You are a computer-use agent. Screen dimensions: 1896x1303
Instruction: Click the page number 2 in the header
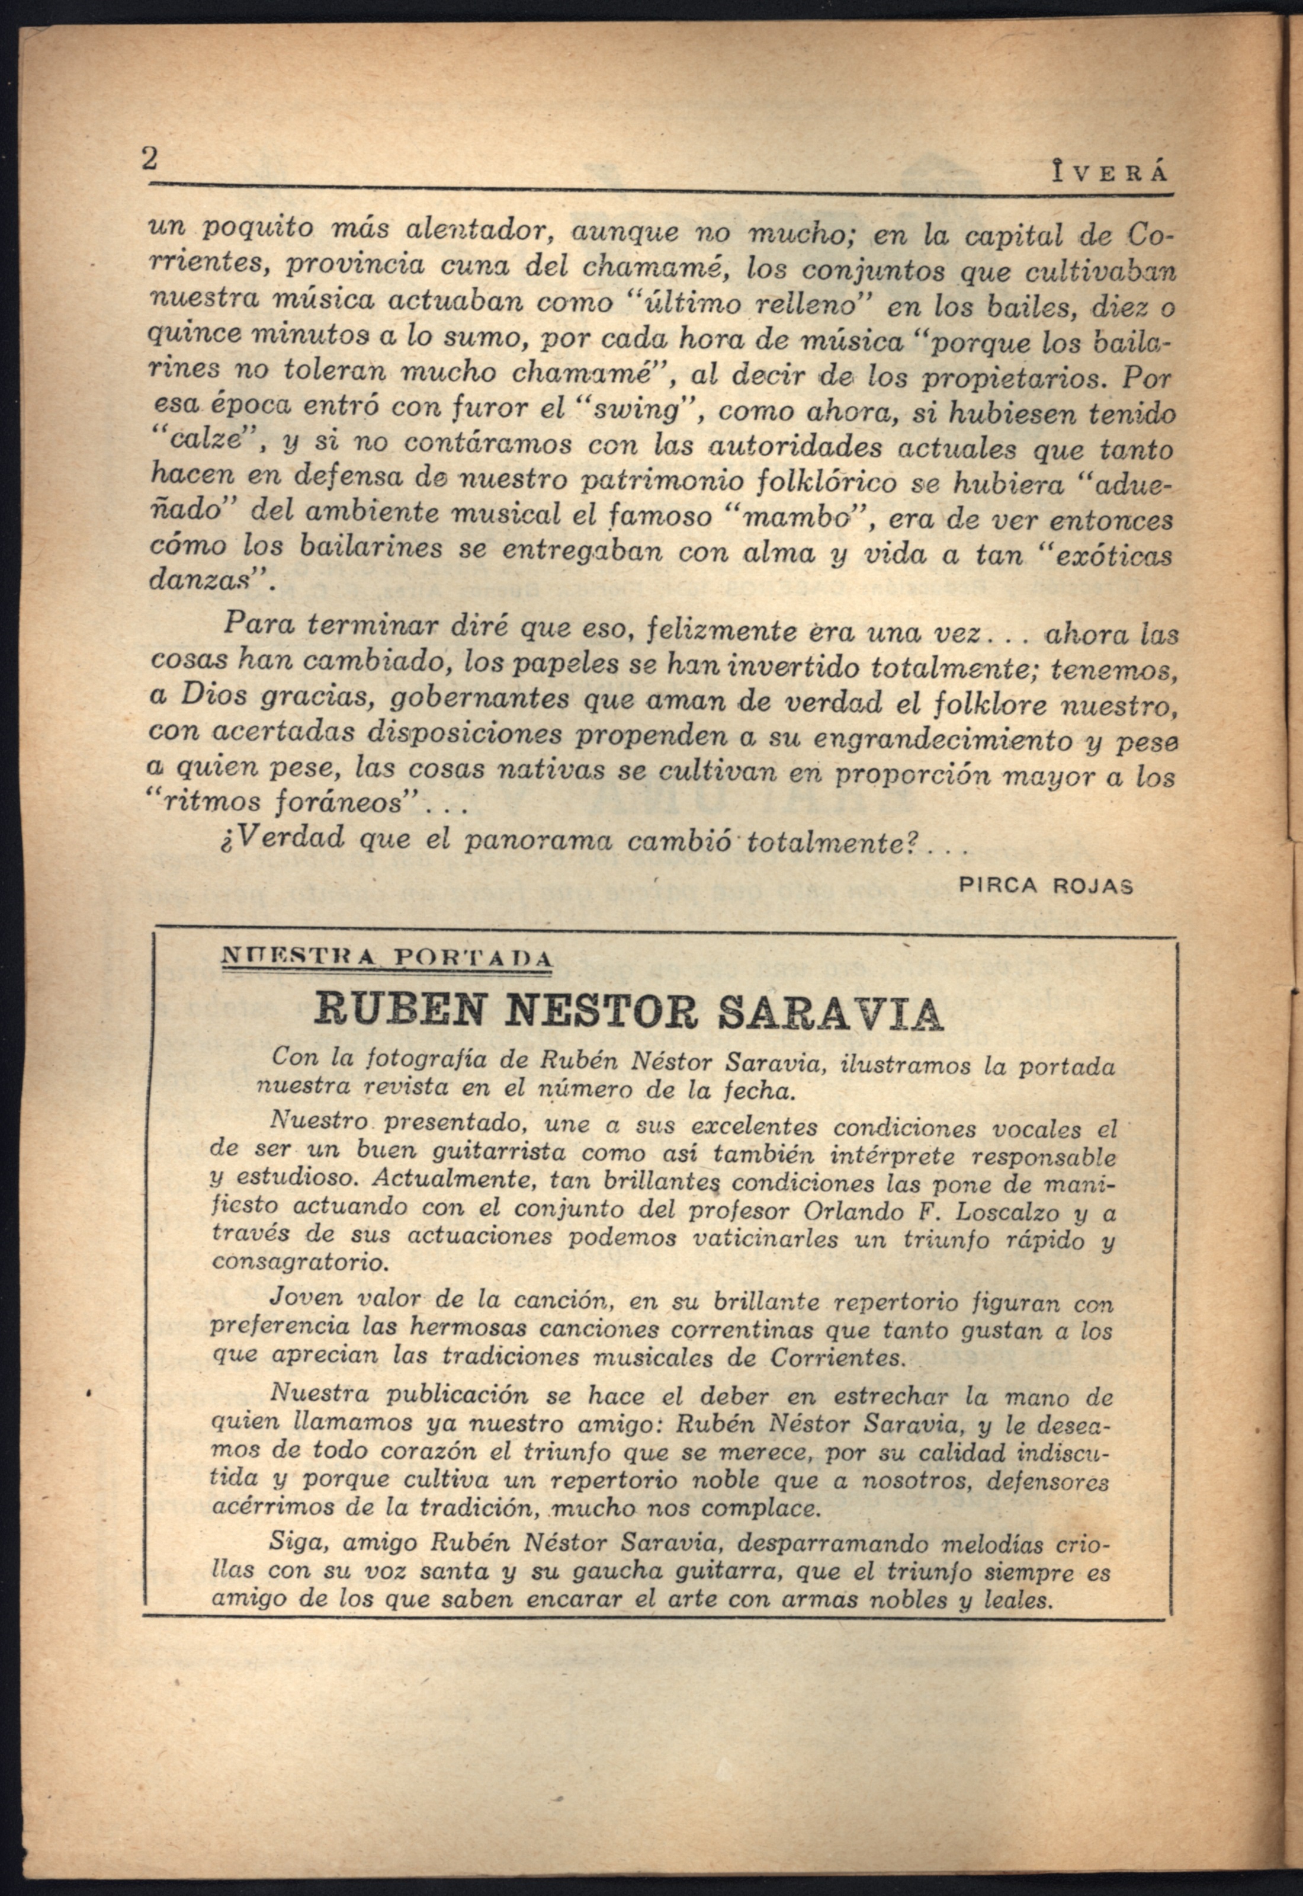(x=149, y=158)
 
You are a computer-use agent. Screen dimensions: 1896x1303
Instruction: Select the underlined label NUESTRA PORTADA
(x=389, y=955)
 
